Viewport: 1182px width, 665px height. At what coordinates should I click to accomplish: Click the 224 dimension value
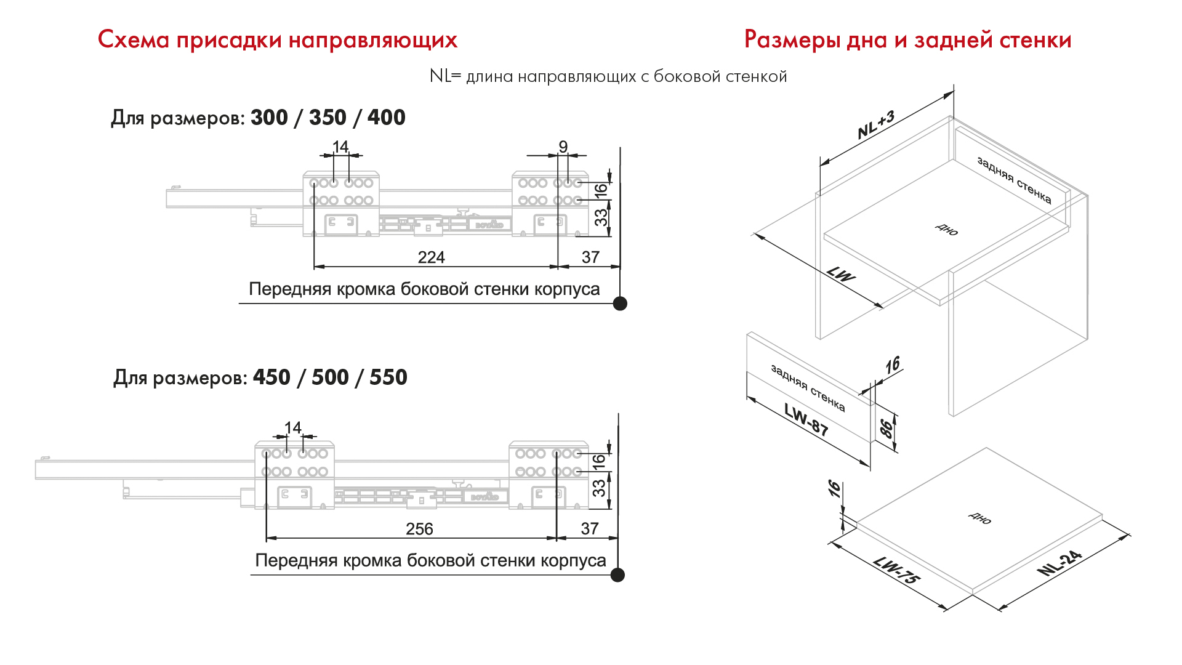(431, 257)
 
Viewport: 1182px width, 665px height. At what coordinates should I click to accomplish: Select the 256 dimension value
(419, 529)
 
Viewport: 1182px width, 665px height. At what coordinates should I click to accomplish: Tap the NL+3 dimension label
(875, 125)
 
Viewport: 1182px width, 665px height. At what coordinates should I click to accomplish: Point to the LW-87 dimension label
(806, 419)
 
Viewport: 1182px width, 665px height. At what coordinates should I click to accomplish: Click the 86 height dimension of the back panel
(886, 428)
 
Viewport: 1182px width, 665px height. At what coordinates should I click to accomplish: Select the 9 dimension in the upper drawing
(563, 147)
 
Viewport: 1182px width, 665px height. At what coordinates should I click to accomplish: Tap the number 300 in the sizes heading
(269, 118)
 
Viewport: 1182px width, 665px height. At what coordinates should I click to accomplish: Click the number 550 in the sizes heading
(388, 377)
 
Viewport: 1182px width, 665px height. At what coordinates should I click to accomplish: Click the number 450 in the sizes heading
(271, 377)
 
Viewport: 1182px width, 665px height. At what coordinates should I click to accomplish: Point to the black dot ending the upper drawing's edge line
(621, 304)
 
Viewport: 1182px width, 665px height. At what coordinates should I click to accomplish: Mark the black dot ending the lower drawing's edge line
(617, 575)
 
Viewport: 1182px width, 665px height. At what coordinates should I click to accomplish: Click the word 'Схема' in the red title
(133, 40)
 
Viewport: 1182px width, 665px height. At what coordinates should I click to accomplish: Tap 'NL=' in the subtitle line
(445, 76)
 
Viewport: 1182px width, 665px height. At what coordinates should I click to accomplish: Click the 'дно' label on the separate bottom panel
(979, 518)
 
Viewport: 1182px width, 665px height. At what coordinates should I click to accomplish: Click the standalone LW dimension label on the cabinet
(841, 274)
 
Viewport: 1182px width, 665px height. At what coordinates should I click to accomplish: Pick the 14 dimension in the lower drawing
(292, 427)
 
